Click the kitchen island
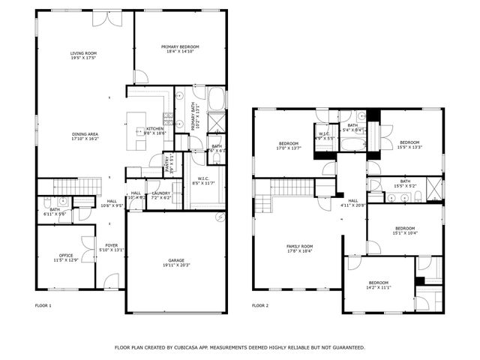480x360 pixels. click(137, 129)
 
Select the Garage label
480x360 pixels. click(175, 262)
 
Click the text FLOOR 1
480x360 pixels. click(43, 305)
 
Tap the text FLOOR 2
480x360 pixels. click(259, 305)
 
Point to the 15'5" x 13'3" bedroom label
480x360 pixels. click(409, 144)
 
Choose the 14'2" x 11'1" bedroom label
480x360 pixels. click(379, 286)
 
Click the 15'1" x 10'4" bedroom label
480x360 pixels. click(405, 230)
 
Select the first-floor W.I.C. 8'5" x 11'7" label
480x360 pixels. click(202, 181)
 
